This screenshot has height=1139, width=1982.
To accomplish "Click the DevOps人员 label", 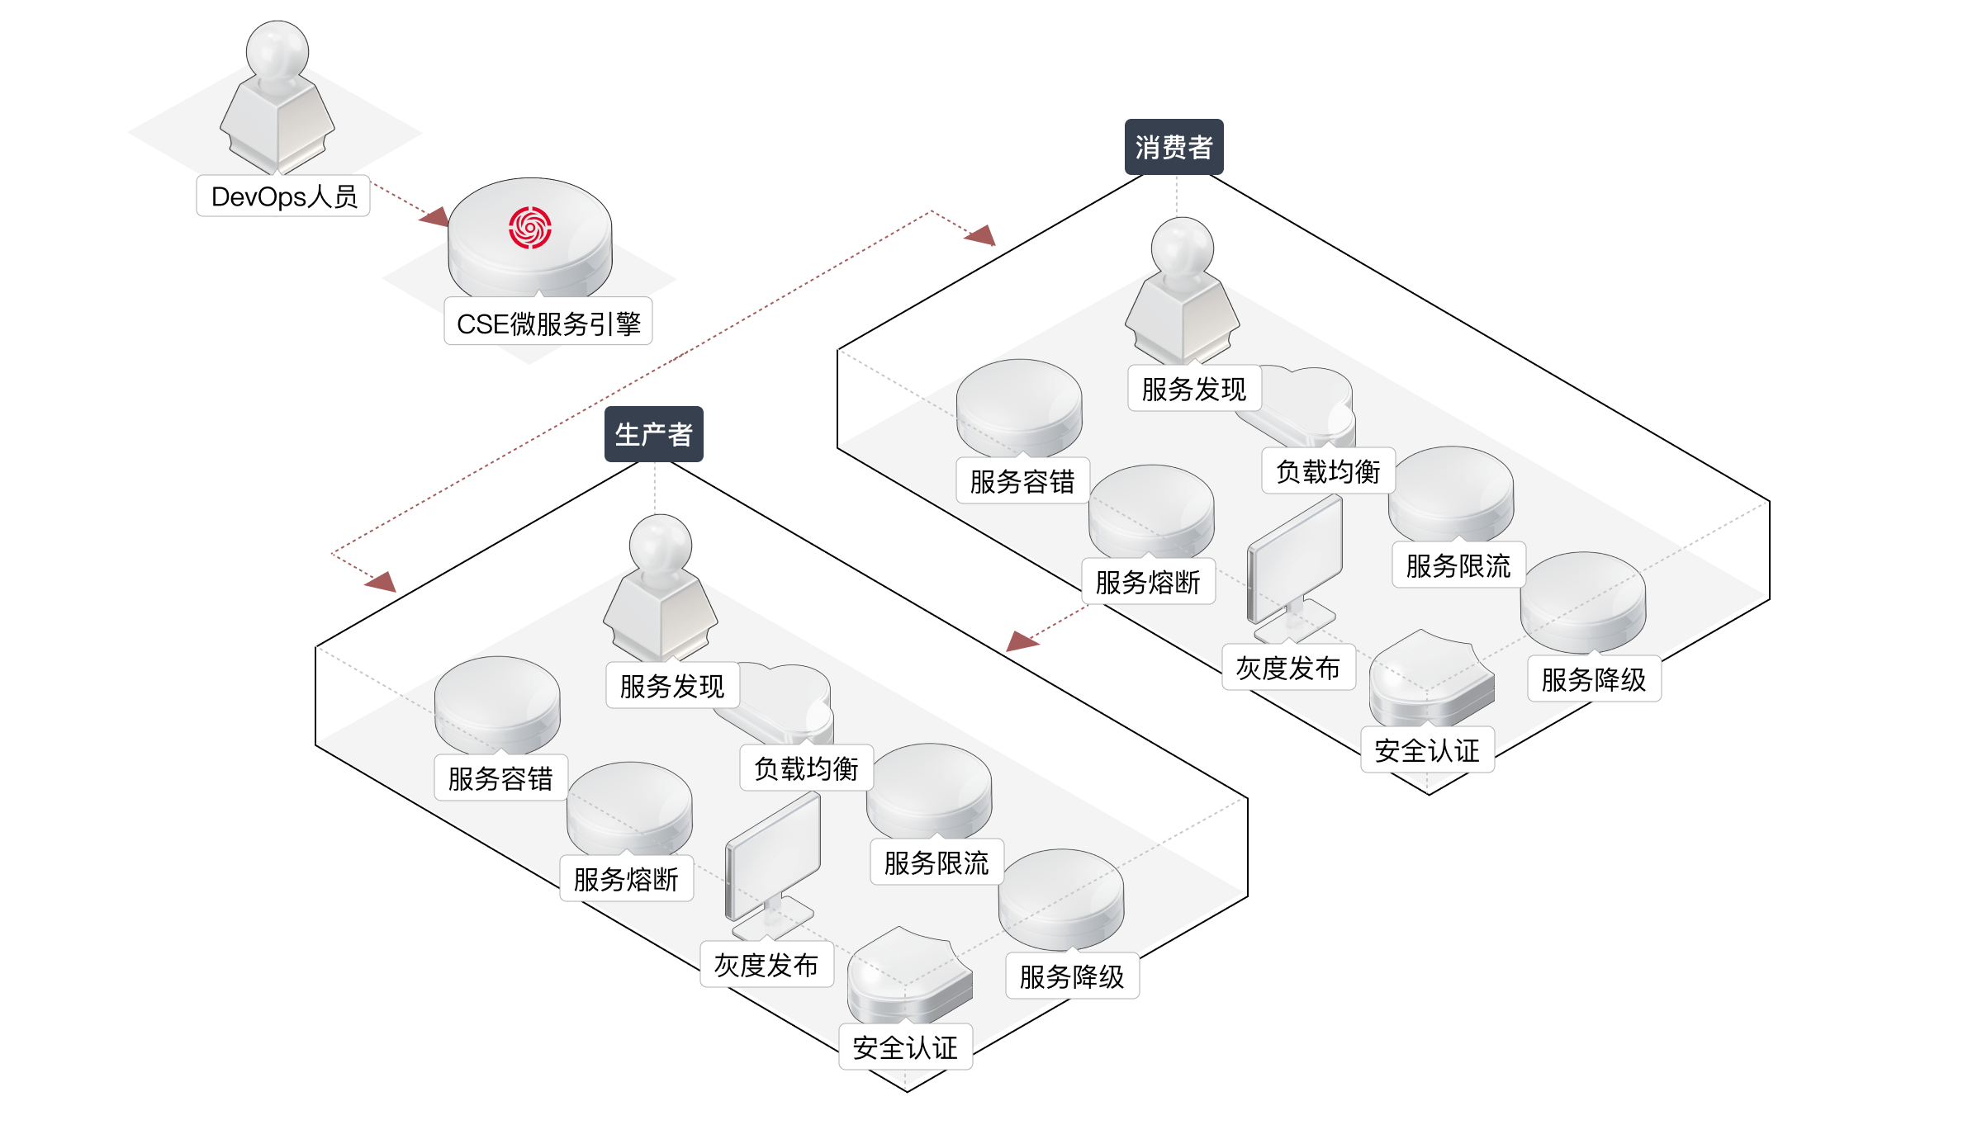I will click(283, 196).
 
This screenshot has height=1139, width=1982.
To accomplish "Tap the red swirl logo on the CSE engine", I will click(529, 228).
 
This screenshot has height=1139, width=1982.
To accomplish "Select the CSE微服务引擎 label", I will click(548, 323).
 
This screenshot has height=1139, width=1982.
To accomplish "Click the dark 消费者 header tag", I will click(1174, 148).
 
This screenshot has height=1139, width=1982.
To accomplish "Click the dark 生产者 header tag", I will click(653, 434).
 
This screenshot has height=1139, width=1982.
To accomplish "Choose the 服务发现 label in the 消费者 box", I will click(1194, 389).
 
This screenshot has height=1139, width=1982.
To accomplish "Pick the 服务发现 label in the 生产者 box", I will click(672, 686).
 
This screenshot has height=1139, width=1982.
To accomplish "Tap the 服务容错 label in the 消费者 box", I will click(1022, 481).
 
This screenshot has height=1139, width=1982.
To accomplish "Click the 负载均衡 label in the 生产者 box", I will click(806, 768).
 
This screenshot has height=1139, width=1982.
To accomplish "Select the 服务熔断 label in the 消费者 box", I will click(1148, 582).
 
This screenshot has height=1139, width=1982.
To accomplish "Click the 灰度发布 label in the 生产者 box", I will click(766, 965).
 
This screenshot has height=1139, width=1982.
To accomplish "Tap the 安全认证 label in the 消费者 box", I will click(1427, 750).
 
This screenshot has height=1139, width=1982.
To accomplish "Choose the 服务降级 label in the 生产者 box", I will click(1072, 976).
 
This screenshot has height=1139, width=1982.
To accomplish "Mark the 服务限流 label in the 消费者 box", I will click(1458, 565).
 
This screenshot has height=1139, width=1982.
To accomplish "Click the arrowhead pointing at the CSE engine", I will click(434, 217).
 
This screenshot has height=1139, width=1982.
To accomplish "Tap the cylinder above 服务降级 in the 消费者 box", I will click(1583, 601).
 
